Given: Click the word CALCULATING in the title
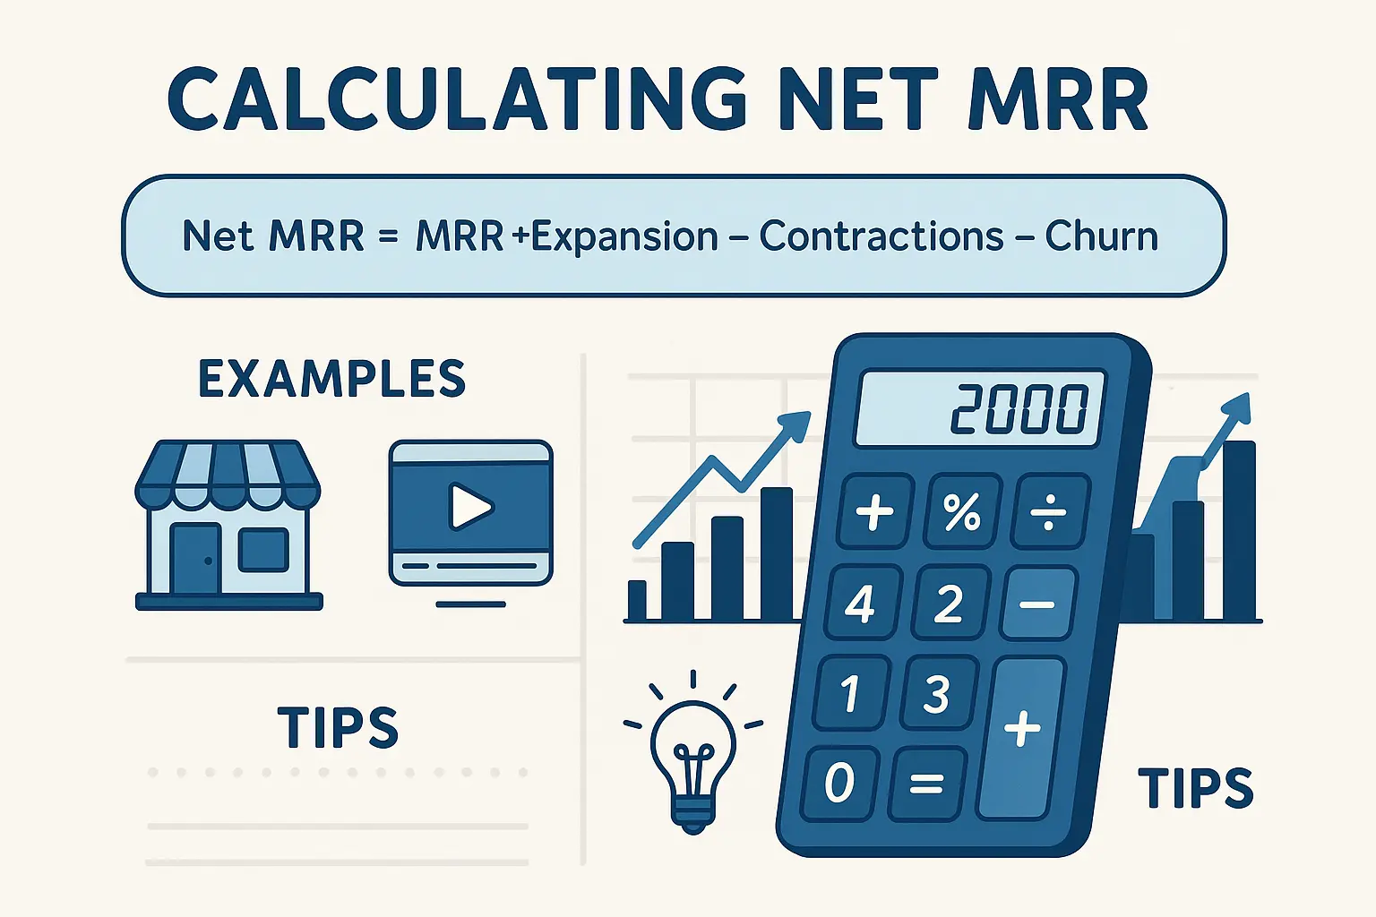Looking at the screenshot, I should click(457, 99).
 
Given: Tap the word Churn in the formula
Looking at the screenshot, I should click(1101, 237).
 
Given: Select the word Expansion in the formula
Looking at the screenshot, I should click(624, 237).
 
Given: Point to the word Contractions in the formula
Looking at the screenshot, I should click(881, 237).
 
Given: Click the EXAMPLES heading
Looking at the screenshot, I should click(331, 379).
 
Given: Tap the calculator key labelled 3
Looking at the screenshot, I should click(936, 693).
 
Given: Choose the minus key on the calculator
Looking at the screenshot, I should click(1036, 604).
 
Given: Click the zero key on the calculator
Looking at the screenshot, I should click(839, 783).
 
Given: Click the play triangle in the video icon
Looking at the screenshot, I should click(470, 507).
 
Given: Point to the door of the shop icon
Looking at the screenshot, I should click(195, 560).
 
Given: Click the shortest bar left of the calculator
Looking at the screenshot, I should click(637, 600).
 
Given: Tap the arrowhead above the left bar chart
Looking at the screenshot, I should click(795, 424).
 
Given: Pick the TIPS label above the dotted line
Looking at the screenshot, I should click(338, 727).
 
